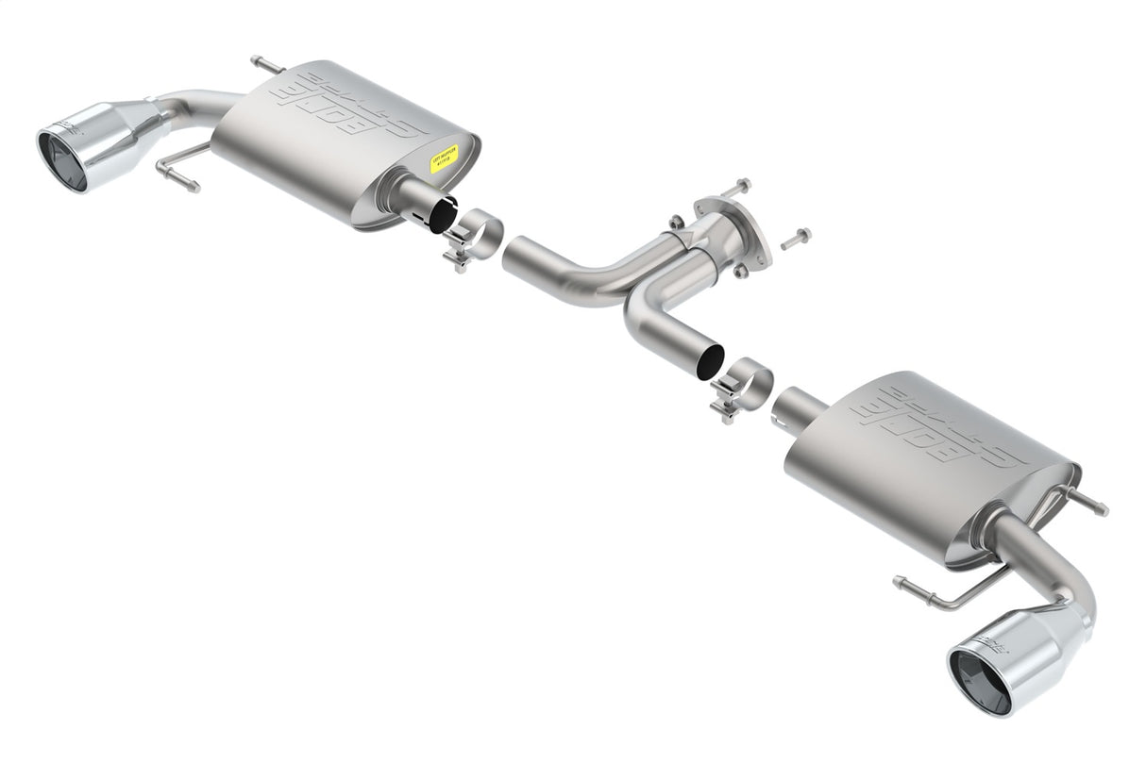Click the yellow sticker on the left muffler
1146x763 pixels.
pyautogui.click(x=445, y=158)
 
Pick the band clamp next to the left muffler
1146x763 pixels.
pyautogui.click(x=473, y=236)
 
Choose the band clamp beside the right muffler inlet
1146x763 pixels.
pyautogui.click(x=742, y=388)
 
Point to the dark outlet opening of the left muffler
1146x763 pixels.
pyautogui.click(x=441, y=214)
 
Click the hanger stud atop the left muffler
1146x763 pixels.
pyautogui.click(x=265, y=65)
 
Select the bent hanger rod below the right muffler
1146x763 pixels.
pyautogui.click(x=935, y=594)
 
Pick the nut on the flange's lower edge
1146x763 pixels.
pyautogui.click(x=741, y=271)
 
